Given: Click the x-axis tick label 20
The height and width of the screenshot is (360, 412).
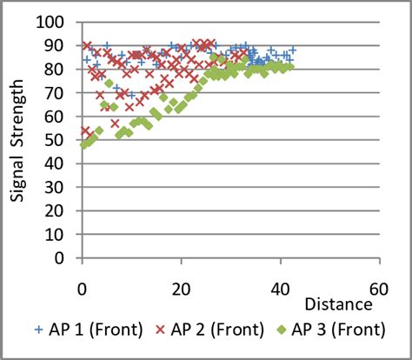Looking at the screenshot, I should [x=181, y=289].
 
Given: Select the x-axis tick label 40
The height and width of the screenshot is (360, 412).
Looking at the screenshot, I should [x=280, y=289].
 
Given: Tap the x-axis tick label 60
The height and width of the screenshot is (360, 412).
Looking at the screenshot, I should [x=378, y=289].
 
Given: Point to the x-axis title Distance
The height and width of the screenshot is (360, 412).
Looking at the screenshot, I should [x=339, y=305].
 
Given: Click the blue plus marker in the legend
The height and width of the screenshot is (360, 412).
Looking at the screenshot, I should [x=38, y=330].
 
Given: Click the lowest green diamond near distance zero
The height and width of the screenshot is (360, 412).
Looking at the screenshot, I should [x=83, y=144].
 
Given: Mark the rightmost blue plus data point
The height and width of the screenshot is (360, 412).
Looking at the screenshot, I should [x=293, y=50].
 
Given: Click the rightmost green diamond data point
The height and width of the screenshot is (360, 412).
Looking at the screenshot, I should [x=290, y=66].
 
